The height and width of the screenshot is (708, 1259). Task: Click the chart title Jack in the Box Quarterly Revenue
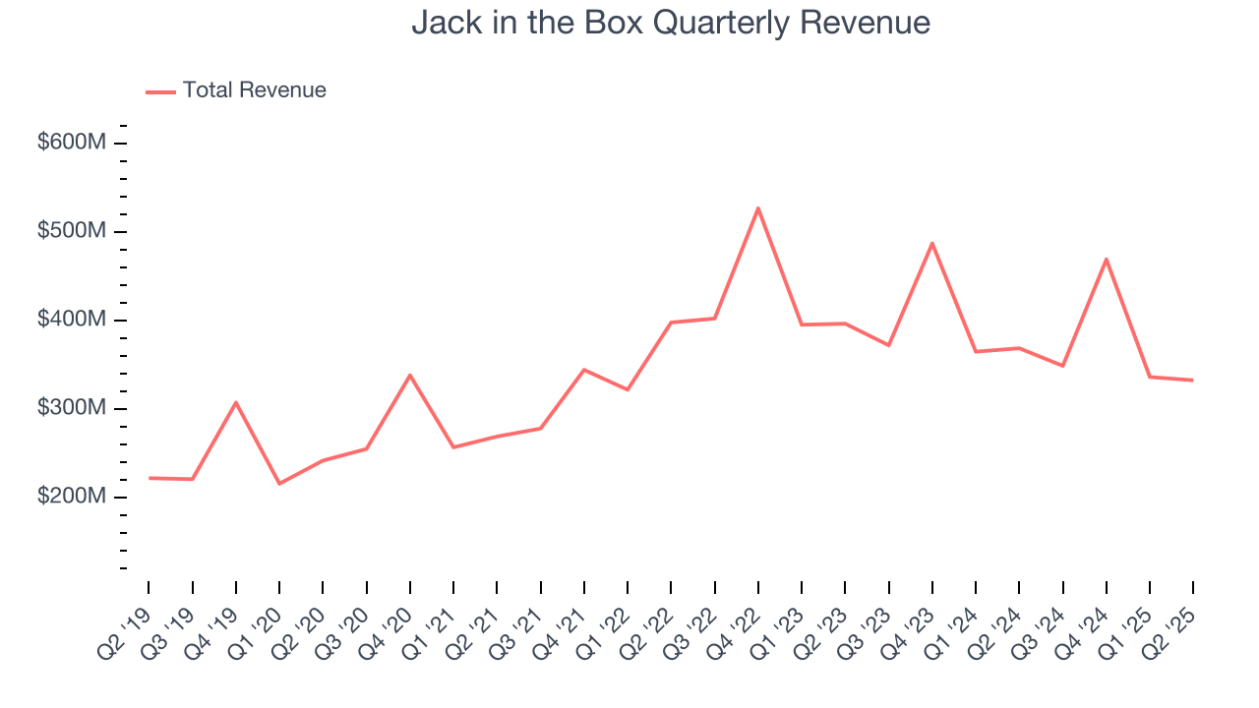(671, 23)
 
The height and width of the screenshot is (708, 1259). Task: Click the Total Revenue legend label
(254, 90)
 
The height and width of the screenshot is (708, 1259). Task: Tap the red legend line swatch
(160, 91)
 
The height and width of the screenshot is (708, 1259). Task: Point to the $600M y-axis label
(71, 143)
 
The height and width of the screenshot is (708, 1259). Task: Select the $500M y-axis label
(71, 231)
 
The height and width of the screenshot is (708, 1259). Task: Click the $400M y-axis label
(71, 320)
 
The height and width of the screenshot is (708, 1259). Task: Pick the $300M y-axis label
(71, 408)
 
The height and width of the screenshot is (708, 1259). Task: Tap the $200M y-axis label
(71, 497)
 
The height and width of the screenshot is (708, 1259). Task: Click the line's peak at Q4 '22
(758, 207)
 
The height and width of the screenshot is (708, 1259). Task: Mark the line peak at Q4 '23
(931, 243)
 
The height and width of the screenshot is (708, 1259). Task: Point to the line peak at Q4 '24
(1107, 259)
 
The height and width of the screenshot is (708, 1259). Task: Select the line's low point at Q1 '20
(279, 483)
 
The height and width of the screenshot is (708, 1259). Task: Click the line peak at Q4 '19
(236, 402)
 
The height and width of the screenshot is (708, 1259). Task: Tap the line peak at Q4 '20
(410, 375)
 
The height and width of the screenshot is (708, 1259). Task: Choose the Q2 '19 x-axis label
(126, 621)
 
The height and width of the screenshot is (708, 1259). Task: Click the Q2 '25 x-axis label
(1170, 621)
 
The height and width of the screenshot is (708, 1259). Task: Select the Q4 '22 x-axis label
(736, 621)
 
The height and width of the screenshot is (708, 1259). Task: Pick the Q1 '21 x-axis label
(431, 621)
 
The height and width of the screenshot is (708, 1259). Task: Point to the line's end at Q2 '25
(1193, 380)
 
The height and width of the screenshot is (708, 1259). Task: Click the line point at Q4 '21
(584, 370)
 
